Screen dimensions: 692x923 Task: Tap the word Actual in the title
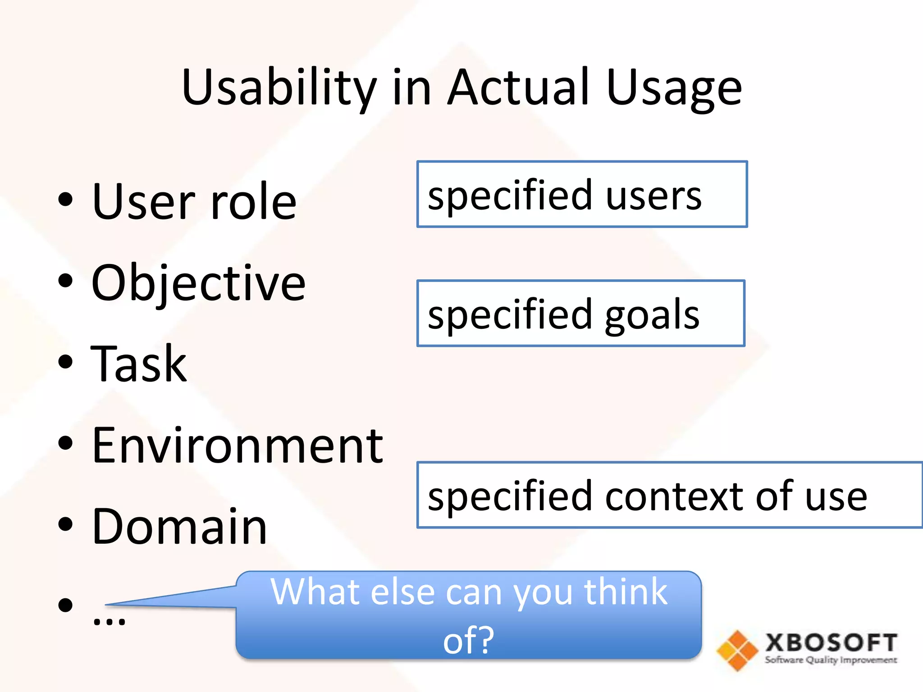(x=518, y=88)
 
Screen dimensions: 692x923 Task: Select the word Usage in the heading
(x=674, y=88)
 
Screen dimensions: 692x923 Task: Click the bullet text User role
(x=194, y=201)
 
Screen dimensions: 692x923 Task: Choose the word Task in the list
(x=138, y=364)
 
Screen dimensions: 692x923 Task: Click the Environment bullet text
(x=237, y=446)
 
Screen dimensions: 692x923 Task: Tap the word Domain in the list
(x=179, y=526)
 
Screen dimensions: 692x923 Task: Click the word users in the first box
(x=653, y=196)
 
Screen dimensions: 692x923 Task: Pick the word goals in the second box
(x=652, y=315)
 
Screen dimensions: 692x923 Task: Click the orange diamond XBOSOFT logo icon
(x=737, y=650)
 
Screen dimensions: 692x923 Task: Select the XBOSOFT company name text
(x=831, y=642)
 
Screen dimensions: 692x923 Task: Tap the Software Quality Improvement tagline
(x=831, y=660)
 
